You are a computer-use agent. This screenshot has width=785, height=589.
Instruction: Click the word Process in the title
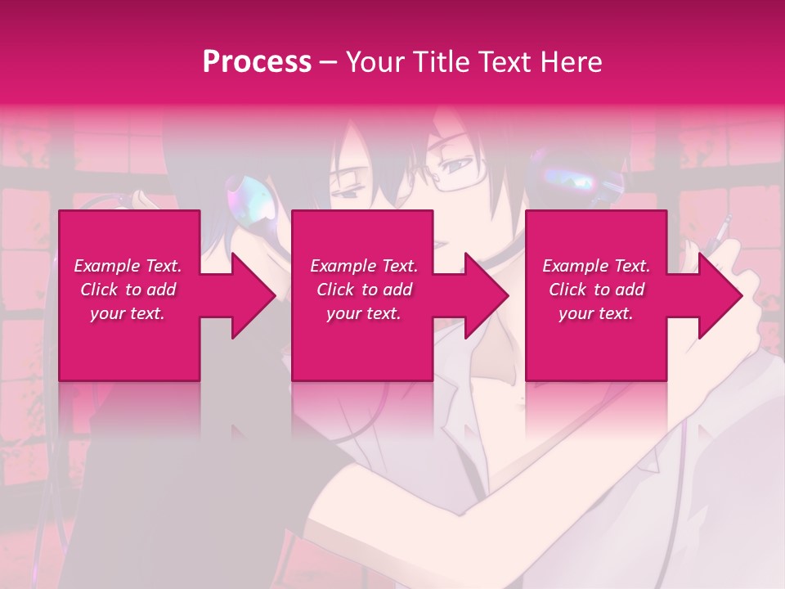coord(257,62)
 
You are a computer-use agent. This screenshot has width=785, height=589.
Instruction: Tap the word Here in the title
coord(569,62)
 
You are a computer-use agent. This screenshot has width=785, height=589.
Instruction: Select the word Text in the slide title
coord(506,62)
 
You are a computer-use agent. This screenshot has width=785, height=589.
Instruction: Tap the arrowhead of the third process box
coord(720,295)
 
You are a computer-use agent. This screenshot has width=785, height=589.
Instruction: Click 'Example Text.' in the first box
coord(128,266)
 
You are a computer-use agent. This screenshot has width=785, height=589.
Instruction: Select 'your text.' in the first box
coord(128,313)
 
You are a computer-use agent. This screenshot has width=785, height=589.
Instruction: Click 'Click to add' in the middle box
coord(364,290)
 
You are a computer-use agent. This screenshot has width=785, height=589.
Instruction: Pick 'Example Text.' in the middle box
coord(364,266)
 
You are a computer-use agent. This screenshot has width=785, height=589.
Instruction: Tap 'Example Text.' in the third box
coord(596,266)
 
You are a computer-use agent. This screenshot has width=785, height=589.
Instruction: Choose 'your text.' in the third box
coord(596,313)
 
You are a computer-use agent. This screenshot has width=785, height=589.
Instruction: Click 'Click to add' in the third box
coord(596,290)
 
